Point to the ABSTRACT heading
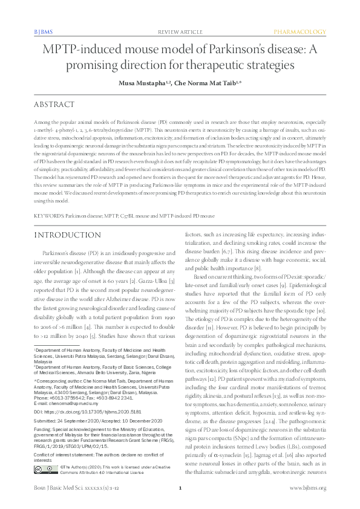[x=55, y=105]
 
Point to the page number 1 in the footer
[x=180, y=488]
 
